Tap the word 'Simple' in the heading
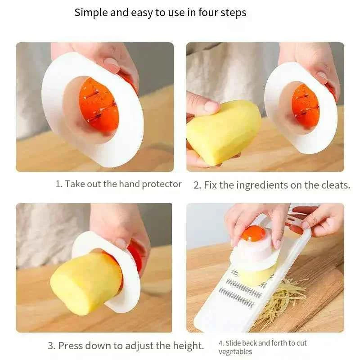(x=91, y=13)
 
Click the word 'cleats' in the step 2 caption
(x=332, y=185)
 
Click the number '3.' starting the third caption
(x=52, y=346)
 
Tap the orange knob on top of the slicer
(x=253, y=234)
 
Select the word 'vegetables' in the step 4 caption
(x=235, y=351)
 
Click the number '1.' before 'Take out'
(x=59, y=184)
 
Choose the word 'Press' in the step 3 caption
(x=71, y=346)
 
